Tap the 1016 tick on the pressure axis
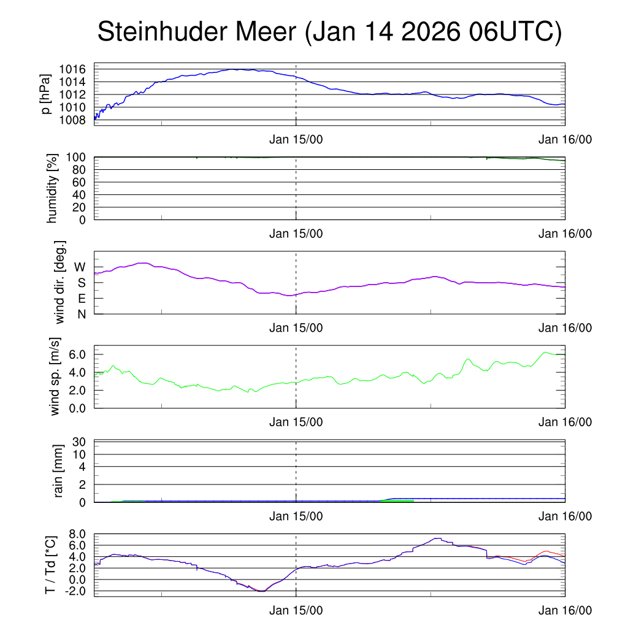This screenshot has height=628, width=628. click(76, 69)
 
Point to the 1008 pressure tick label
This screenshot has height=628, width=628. click(76, 120)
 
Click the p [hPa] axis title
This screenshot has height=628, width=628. click(45, 94)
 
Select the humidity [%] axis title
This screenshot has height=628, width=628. click(52, 188)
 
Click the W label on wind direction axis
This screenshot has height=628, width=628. click(80, 267)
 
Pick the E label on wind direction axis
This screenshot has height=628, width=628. click(82, 299)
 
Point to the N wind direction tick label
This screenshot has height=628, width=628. click(81, 314)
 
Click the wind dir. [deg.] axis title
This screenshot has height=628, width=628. click(60, 283)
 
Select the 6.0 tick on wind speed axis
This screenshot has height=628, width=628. click(76, 354)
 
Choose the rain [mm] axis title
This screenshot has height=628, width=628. click(59, 472)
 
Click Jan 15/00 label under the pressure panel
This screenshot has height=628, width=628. click(296, 139)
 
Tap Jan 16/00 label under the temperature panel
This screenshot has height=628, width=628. click(565, 610)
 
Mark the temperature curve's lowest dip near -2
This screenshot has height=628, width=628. click(261, 591)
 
